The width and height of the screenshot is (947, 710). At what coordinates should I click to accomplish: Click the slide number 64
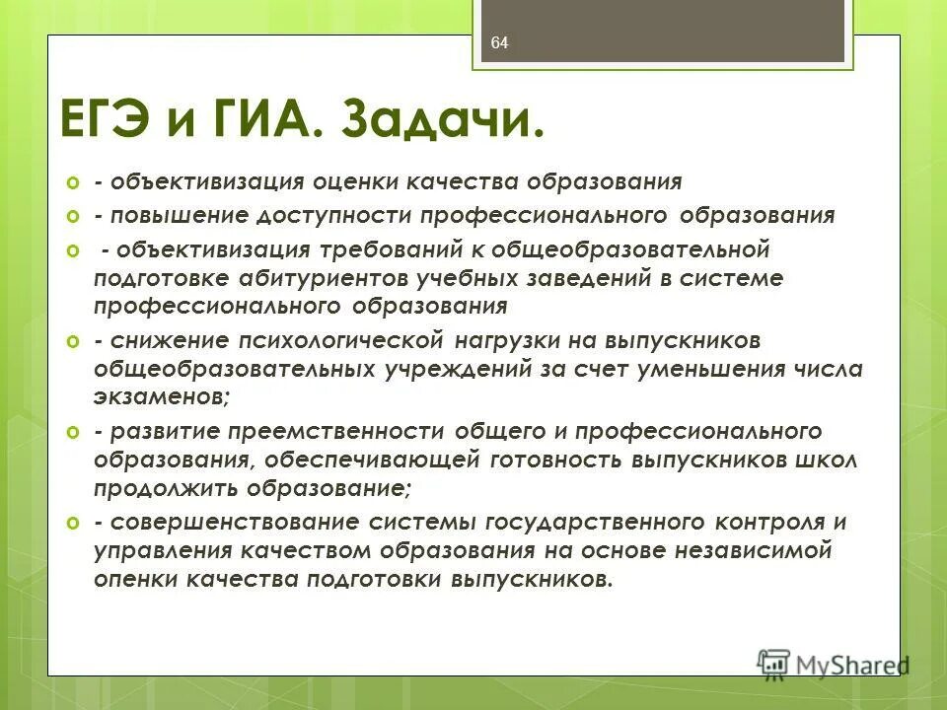[499, 42]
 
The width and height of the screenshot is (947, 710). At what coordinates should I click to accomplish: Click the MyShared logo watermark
[834, 664]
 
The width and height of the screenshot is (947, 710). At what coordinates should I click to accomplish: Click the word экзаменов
[160, 395]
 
